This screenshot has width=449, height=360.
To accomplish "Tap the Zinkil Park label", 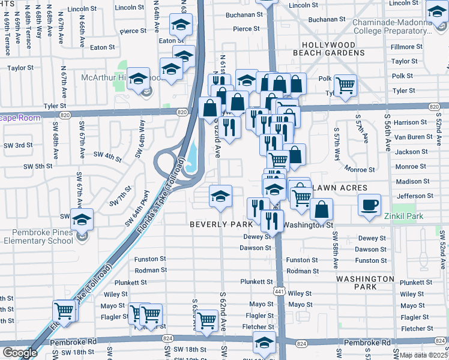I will pos(406,216).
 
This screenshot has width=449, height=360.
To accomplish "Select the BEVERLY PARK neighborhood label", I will pos(221,224).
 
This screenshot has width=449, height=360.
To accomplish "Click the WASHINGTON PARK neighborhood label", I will pos(364,283).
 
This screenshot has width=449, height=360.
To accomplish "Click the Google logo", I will pos(20,353).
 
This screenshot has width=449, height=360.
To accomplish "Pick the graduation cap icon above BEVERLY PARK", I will pos(220,196).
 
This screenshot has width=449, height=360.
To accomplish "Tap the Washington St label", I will pos(308,225).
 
